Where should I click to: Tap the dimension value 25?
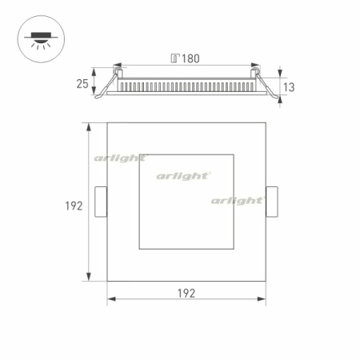[82, 83]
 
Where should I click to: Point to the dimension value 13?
[290, 87]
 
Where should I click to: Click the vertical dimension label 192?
[74, 206]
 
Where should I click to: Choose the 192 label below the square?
[186, 293]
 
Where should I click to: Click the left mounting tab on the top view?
[101, 202]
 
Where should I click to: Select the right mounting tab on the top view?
[272, 202]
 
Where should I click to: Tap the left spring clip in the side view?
[101, 95]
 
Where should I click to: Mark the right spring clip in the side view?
[274, 95]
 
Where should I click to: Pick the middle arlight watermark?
[183, 174]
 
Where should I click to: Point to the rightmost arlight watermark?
[237, 200]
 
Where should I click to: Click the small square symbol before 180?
[174, 58]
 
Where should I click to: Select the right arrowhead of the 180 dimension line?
[256, 66]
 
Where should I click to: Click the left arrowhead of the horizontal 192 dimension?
[110, 300]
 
